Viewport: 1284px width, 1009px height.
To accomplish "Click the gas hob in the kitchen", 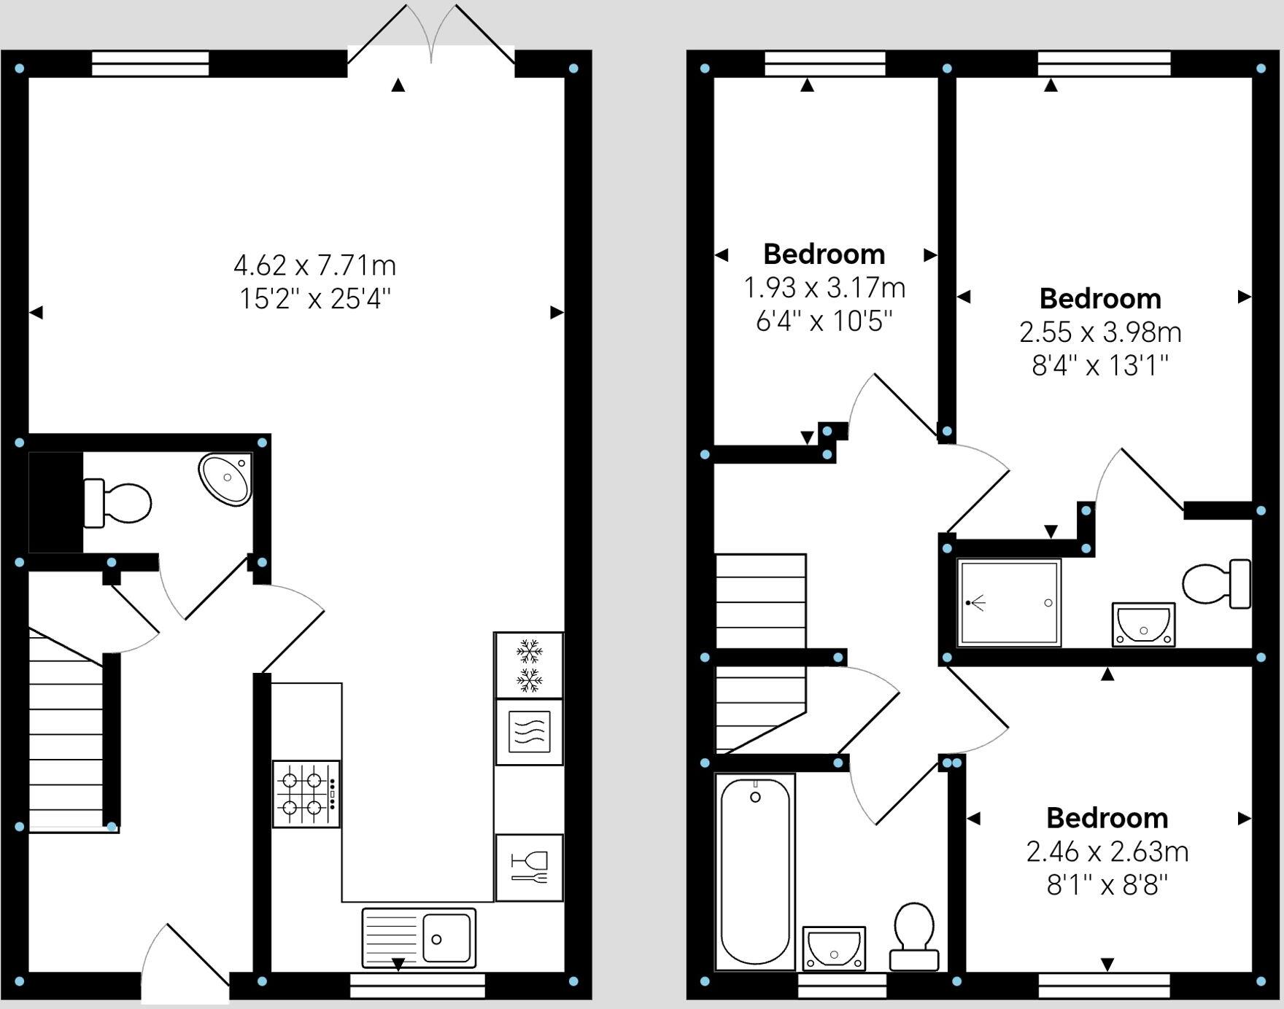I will [x=306, y=793].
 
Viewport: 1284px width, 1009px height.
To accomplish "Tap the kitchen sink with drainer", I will [x=419, y=938].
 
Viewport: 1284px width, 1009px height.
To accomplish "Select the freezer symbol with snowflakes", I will [x=529, y=665].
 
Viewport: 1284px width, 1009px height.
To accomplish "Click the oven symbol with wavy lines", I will [x=529, y=731].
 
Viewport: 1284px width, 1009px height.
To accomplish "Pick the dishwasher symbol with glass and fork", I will [x=529, y=867].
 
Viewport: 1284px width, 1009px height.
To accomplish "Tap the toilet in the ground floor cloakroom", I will [x=119, y=503].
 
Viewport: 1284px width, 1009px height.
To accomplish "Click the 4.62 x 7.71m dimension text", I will [x=314, y=265].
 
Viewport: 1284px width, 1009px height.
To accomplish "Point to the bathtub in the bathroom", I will [x=755, y=871].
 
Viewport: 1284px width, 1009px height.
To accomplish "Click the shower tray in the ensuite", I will [x=1009, y=603].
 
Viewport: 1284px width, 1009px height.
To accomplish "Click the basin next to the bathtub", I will [x=834, y=948].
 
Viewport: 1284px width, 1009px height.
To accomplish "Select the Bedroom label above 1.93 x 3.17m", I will [x=824, y=254].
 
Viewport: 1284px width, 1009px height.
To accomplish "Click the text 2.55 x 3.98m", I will [x=1100, y=332].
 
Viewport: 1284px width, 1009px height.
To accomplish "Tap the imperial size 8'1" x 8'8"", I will [x=1107, y=885].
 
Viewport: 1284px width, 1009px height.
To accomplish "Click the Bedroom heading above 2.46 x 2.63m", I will [x=1107, y=818].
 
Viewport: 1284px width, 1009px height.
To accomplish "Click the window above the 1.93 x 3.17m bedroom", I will [x=825, y=63].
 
